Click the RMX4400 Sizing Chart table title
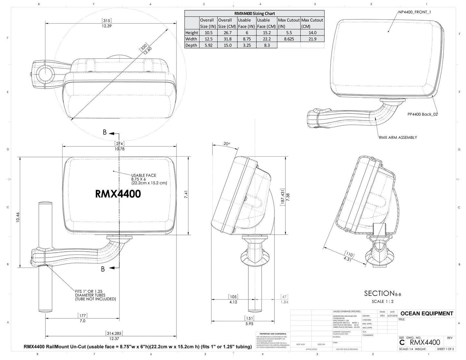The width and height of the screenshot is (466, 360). coord(254,14)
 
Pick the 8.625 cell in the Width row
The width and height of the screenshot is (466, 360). coord(289,39)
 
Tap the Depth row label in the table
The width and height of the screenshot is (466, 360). coord(191,45)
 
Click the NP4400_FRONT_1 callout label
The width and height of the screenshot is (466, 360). coord(414,12)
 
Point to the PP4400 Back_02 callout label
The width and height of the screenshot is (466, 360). coord(422,114)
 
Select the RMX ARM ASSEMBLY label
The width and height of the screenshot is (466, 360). coord(398,138)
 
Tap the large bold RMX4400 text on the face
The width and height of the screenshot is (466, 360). coord(118,194)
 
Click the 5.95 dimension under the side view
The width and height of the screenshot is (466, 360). coord(249,324)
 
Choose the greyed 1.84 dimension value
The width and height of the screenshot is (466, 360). coord(284,302)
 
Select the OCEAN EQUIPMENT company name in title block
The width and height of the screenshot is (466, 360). coord(426,314)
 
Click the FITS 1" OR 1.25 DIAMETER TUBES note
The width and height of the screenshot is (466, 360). coord(95,295)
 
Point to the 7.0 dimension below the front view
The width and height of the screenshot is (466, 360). coord(82,321)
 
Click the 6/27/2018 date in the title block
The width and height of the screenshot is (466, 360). coord(392,316)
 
